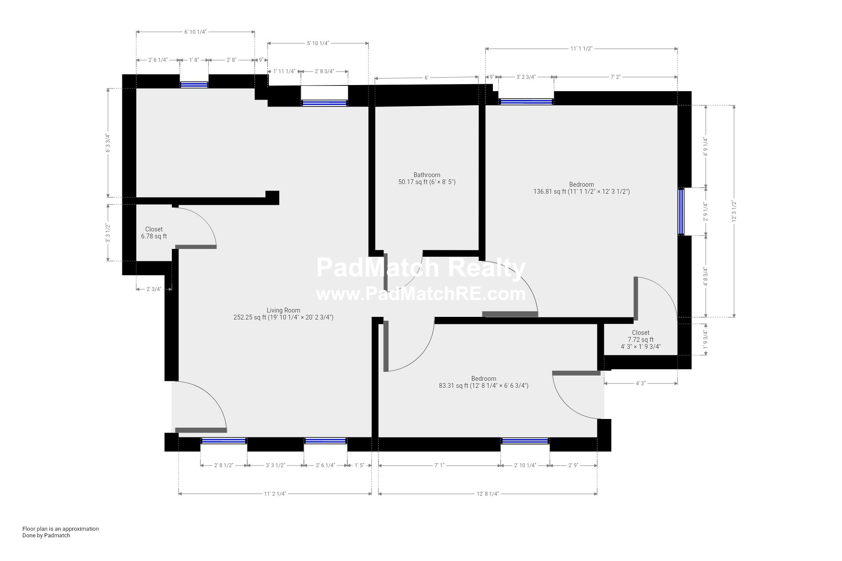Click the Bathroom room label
tap(427, 175)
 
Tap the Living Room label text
tap(283, 310)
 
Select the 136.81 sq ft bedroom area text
tap(582, 192)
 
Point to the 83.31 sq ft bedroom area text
tap(484, 386)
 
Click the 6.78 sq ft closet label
tap(154, 236)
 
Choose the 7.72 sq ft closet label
tap(641, 340)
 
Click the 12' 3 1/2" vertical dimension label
tap(734, 211)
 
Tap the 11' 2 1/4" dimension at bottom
tap(275, 494)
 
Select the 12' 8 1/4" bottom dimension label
tap(488, 494)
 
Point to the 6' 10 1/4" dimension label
tap(195, 32)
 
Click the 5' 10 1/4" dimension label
tap(318, 43)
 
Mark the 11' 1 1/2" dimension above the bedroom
tap(582, 49)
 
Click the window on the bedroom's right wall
tap(681, 211)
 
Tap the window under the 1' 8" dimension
tap(194, 85)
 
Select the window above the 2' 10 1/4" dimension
tap(525, 440)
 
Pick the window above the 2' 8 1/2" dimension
tap(224, 440)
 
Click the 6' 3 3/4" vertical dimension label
tap(107, 143)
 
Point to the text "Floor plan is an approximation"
tap(61, 529)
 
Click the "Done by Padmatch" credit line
tap(46, 535)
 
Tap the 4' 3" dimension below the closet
tap(641, 383)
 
